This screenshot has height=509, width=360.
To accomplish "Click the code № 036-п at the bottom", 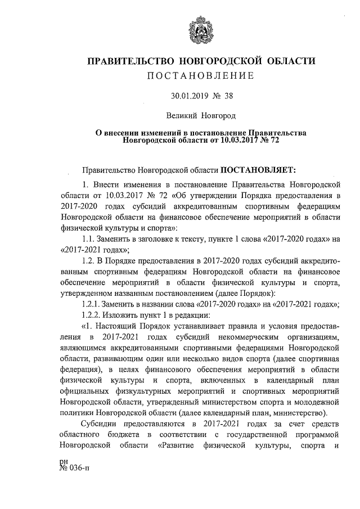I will (x=74, y=485).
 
